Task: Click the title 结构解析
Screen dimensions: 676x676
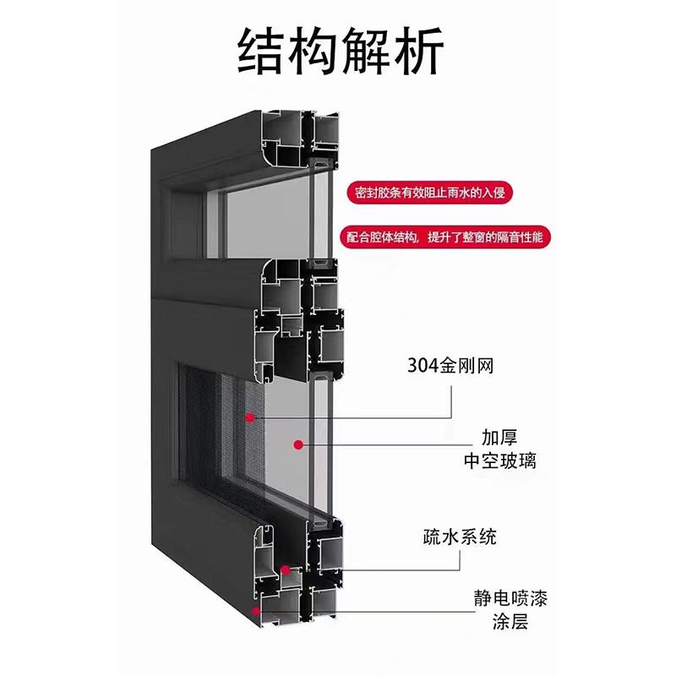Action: point(341,51)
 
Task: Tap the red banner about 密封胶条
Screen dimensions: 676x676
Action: point(430,193)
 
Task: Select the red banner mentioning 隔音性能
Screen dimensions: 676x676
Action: point(444,237)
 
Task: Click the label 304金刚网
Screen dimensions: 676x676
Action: point(450,366)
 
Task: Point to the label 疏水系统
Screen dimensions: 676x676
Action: point(460,537)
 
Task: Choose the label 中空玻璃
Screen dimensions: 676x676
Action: point(499,461)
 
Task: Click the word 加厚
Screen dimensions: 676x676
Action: point(499,437)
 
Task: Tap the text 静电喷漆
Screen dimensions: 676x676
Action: point(510,598)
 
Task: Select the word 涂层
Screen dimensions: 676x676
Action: point(510,622)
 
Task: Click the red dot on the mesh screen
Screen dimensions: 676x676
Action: point(249,417)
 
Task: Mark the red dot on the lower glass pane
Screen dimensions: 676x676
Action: point(298,444)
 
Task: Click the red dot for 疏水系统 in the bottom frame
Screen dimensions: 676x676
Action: point(285,570)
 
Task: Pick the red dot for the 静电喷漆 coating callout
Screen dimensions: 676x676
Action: point(256,611)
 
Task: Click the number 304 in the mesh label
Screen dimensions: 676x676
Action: point(422,366)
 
